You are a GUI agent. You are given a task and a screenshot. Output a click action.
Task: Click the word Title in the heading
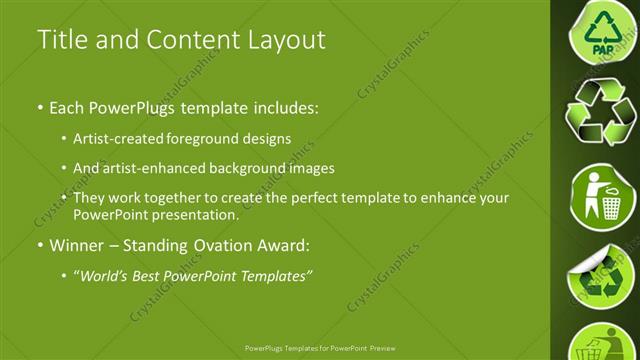point(61,40)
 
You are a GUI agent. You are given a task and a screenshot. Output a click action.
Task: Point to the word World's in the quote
point(108,277)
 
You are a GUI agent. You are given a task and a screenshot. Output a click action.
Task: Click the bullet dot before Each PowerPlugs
point(39,105)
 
